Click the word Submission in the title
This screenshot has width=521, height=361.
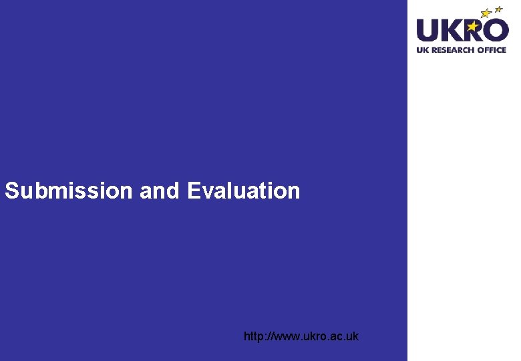click(69, 191)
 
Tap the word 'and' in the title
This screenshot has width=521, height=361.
click(160, 191)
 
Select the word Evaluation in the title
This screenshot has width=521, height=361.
click(244, 191)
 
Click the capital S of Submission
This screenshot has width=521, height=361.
click(11, 191)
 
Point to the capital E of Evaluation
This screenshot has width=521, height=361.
click(194, 191)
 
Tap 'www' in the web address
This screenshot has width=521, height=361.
click(287, 336)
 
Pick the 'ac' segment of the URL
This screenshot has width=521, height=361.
click(339, 336)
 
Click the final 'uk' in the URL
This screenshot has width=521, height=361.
click(353, 336)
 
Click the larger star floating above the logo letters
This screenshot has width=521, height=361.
click(486, 13)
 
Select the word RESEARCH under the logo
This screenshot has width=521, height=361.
click(453, 49)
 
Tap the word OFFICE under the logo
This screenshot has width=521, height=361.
click(492, 49)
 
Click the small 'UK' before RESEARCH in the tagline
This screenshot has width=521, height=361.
click(422, 49)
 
